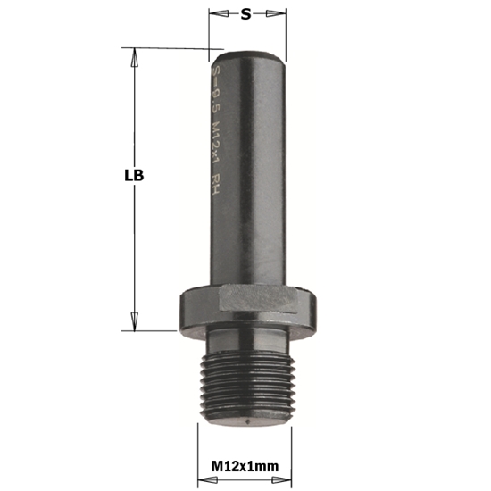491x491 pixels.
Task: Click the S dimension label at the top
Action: (245, 13)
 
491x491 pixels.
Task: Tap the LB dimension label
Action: (134, 176)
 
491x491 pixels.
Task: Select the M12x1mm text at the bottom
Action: (245, 464)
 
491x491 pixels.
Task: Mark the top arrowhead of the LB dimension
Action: (135, 55)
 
